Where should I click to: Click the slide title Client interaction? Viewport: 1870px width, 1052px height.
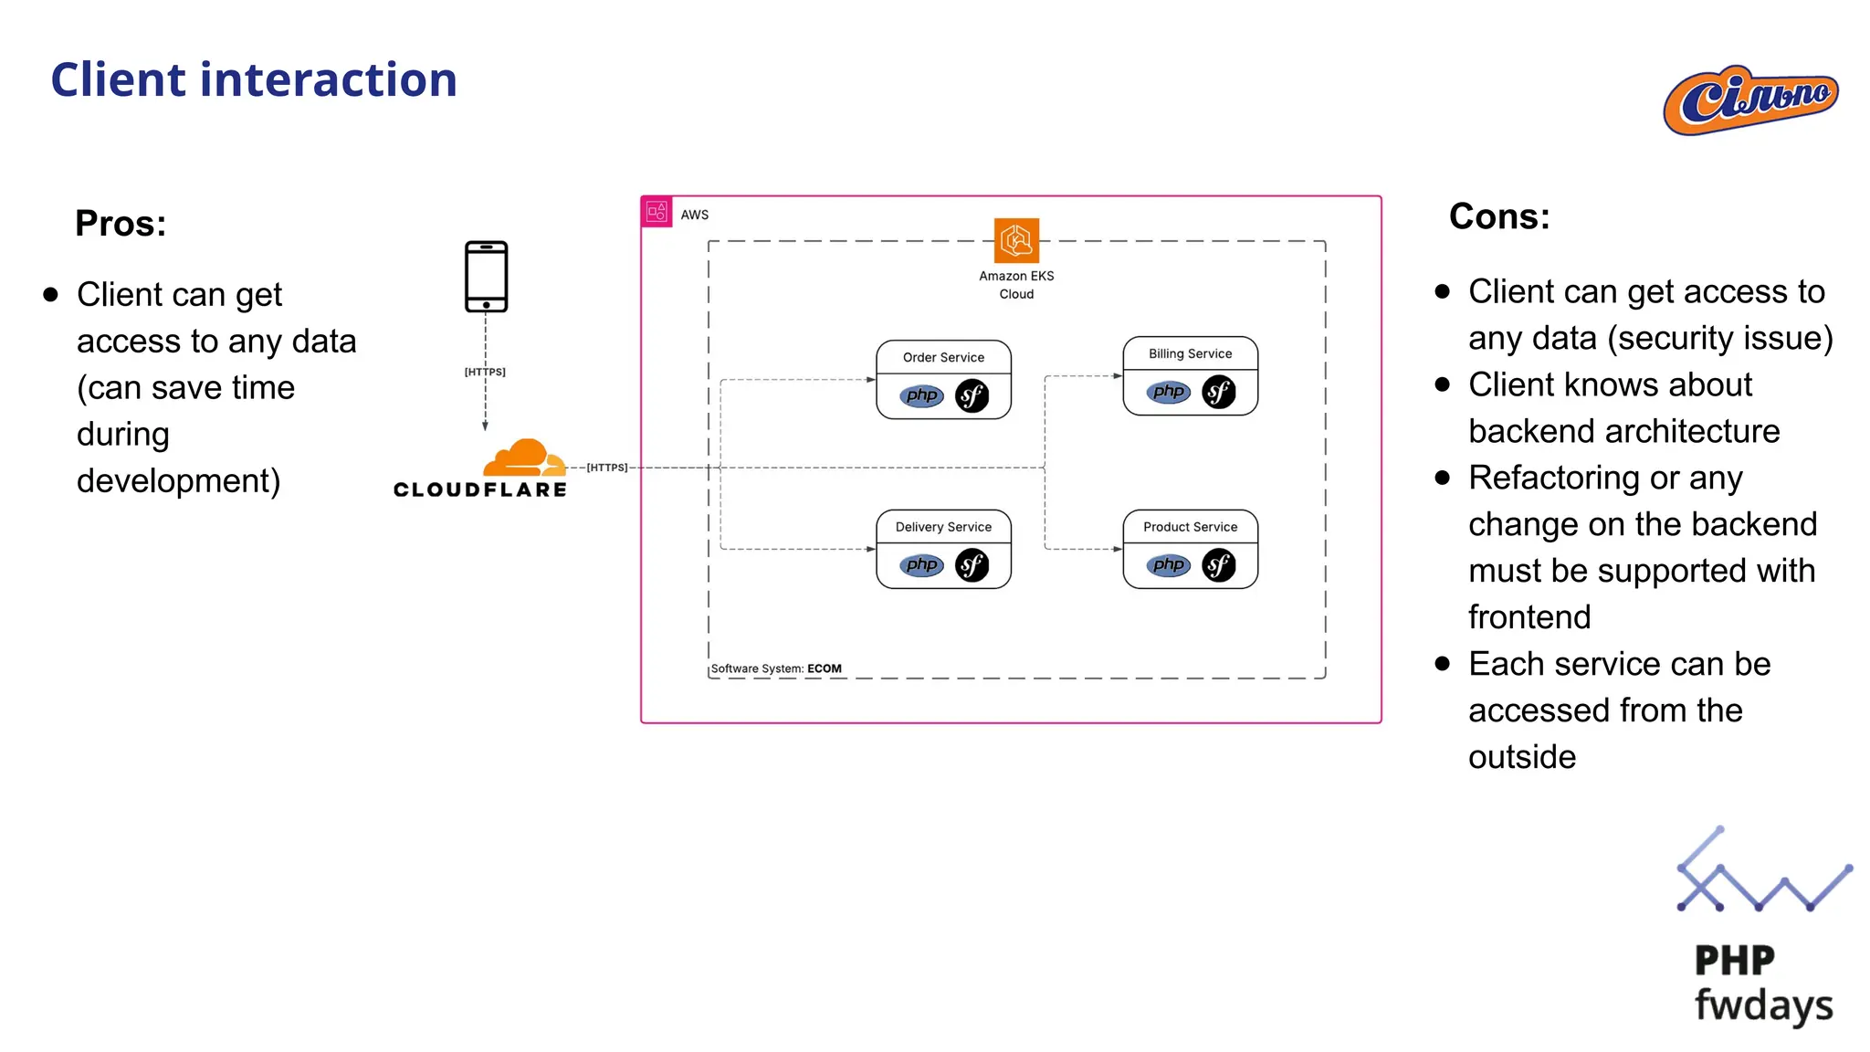[253, 79]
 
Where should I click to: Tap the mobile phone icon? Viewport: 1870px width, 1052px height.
[486, 277]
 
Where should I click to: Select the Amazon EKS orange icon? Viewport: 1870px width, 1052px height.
[1016, 240]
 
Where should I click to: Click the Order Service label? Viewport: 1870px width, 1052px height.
[943, 357]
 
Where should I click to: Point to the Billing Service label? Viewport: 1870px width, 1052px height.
[1190, 353]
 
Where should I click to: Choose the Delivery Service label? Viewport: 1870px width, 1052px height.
[943, 527]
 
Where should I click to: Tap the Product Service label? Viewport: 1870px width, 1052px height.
[1190, 527]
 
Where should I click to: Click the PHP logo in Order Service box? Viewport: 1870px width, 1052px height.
[921, 395]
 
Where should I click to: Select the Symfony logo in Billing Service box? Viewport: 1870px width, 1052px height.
[1219, 392]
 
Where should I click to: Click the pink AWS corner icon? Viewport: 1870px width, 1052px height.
[657, 212]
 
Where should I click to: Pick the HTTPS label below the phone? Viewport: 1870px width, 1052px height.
[485, 372]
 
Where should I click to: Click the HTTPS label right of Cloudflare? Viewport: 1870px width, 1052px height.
[607, 468]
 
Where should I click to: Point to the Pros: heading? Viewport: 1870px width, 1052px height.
[121, 224]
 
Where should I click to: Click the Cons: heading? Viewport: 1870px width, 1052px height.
[1499, 217]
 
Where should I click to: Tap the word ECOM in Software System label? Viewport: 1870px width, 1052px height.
[825, 668]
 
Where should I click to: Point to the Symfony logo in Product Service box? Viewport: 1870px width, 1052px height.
[1219, 565]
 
